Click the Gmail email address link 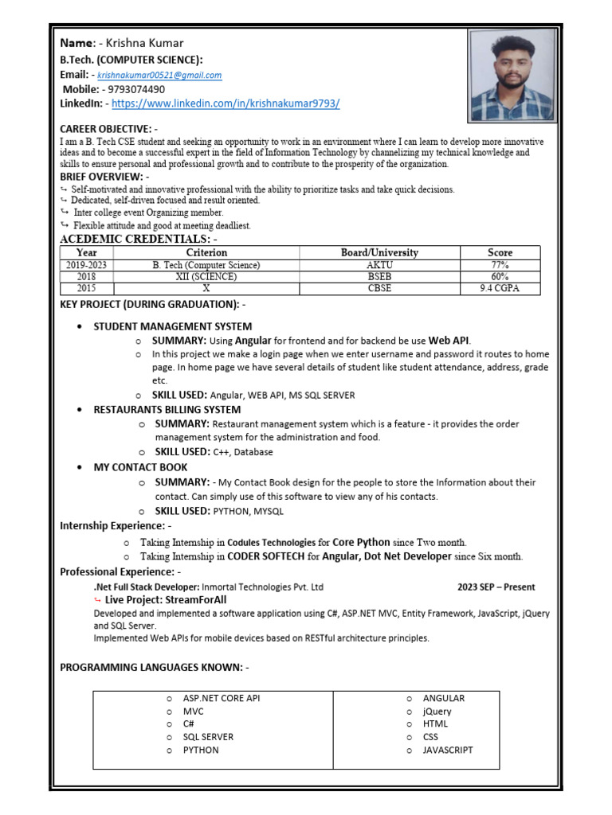pos(159,76)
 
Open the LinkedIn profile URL pos(226,103)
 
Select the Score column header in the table pos(500,252)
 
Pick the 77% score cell pos(500,265)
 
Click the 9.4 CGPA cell pos(500,288)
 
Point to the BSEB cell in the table pos(379,276)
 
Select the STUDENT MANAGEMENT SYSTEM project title pos(173,326)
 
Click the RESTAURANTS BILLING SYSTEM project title pos(167,409)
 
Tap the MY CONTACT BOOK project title pos(141,467)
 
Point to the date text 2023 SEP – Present pos(496,587)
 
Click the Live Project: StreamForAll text pos(166,599)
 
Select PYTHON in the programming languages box pos(201,750)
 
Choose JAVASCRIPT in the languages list pos(448,750)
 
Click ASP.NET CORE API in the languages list pos(222,698)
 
